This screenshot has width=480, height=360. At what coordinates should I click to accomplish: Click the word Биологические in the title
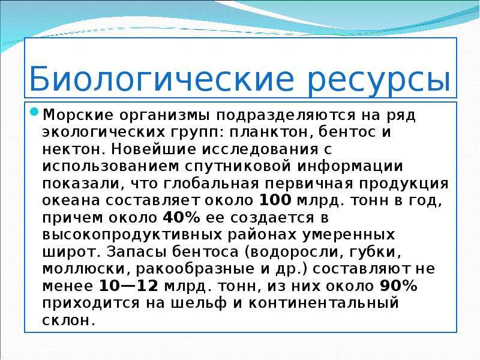pyautogui.click(x=161, y=79)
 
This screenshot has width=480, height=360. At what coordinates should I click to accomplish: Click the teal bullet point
pyautogui.click(x=34, y=112)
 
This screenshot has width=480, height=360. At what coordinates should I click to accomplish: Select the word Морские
pyautogui.click(x=78, y=115)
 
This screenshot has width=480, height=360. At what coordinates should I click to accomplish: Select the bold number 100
pyautogui.click(x=275, y=200)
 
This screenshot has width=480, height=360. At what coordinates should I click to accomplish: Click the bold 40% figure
pyautogui.click(x=181, y=218)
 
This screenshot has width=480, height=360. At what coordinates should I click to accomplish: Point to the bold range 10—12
pyautogui.click(x=128, y=286)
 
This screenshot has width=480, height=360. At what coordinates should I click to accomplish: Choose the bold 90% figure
pyautogui.click(x=398, y=286)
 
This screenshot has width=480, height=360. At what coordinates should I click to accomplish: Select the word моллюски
pyautogui.click(x=84, y=269)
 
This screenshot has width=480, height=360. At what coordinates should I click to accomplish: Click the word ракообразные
pyautogui.click(x=195, y=269)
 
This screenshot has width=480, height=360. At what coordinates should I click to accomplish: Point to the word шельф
pyautogui.click(x=198, y=303)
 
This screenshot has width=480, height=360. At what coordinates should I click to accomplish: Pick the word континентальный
pyautogui.click(x=323, y=303)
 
